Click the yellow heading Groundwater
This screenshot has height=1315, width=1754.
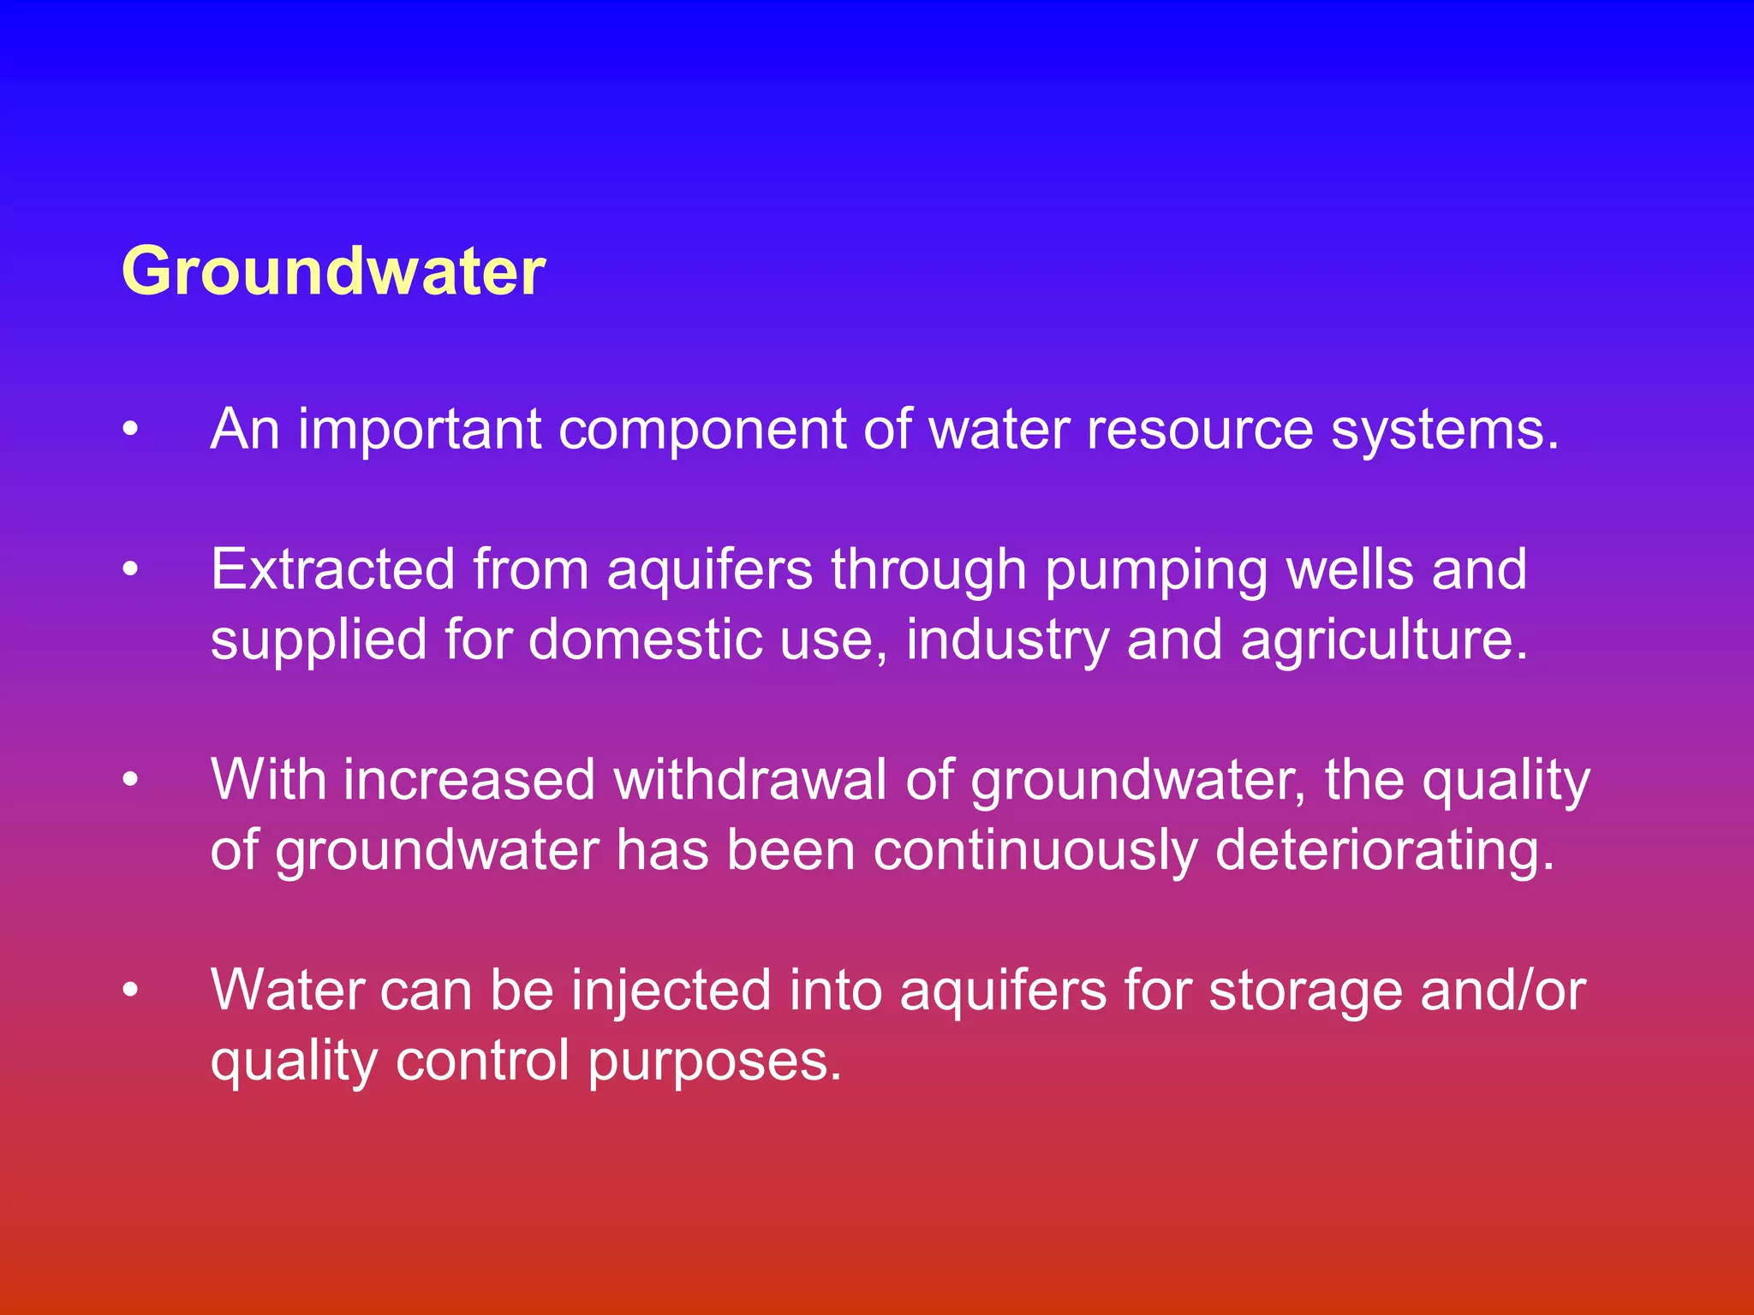[333, 271]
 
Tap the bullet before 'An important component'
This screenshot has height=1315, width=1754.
[130, 429]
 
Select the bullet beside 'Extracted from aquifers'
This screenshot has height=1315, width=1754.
[130, 569]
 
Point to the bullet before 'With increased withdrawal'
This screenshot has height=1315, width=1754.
[130, 780]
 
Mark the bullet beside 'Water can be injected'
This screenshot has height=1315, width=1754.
[130, 991]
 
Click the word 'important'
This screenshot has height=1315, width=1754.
[420, 429]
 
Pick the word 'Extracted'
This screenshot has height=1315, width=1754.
[332, 569]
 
